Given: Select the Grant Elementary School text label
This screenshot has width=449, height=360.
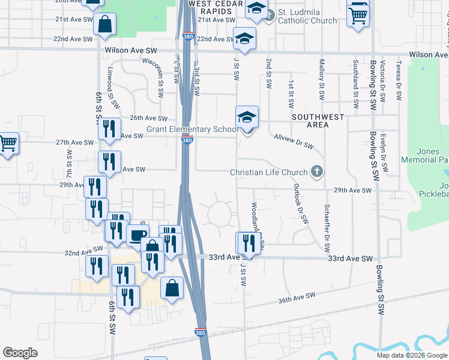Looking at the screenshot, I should click(191, 130).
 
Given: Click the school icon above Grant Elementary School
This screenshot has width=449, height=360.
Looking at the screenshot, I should click(247, 117).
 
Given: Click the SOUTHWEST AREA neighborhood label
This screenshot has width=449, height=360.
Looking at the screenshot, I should click(318, 121).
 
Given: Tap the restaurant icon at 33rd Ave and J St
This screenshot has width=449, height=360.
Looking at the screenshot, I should click(247, 243).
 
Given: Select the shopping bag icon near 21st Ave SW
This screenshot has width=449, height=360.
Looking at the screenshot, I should click(104, 25).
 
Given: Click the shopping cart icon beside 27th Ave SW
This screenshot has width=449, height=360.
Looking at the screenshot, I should click(7, 144).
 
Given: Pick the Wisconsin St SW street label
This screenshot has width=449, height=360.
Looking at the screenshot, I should click(160, 78).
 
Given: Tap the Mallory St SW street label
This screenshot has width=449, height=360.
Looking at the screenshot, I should click(322, 79).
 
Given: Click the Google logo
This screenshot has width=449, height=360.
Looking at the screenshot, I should click(20, 353).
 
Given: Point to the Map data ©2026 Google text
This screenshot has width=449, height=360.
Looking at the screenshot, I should click(411, 355).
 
